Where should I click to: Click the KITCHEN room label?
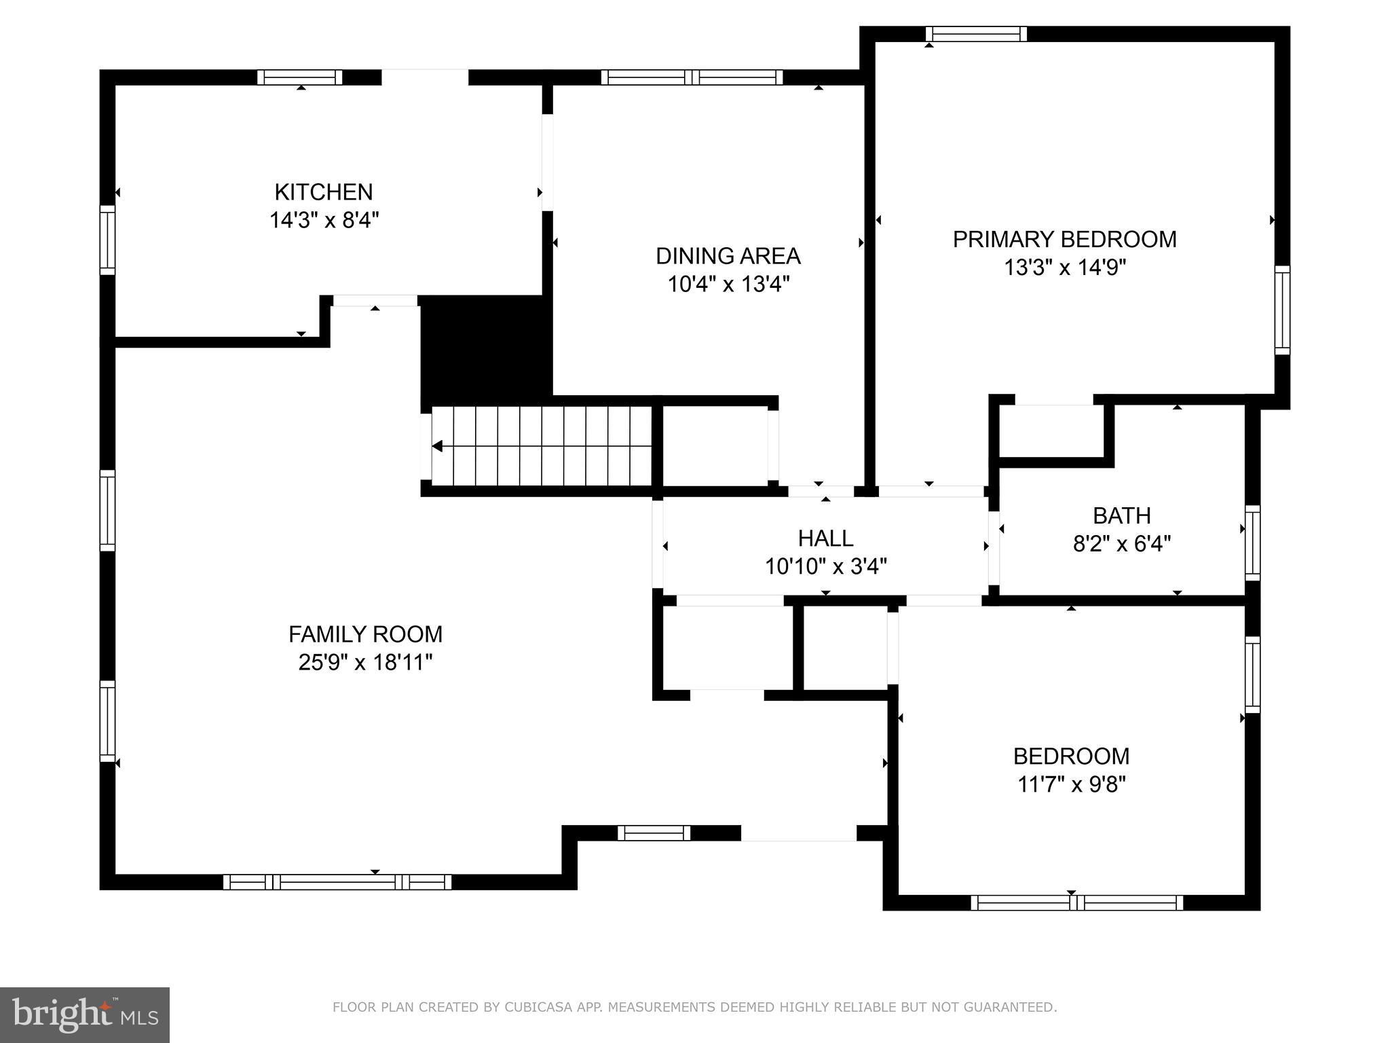324,192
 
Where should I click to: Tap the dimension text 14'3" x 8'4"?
324,221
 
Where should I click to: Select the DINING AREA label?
728,256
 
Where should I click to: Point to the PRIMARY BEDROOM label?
1064,240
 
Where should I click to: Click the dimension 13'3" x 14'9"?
1064,268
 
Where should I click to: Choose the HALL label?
825,538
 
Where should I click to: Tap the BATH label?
1121,516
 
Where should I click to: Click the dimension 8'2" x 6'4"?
1121,544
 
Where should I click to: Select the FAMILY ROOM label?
365,634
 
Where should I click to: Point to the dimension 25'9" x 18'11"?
365,662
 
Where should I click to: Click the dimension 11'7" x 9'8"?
1071,784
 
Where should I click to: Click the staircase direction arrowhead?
438,446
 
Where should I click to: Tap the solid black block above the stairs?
485,348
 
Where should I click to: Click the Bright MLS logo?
84,1014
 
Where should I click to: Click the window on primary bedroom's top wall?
976,34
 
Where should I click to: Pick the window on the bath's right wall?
1252,543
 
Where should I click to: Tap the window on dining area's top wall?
692,77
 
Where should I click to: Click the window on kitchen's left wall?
107,240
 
